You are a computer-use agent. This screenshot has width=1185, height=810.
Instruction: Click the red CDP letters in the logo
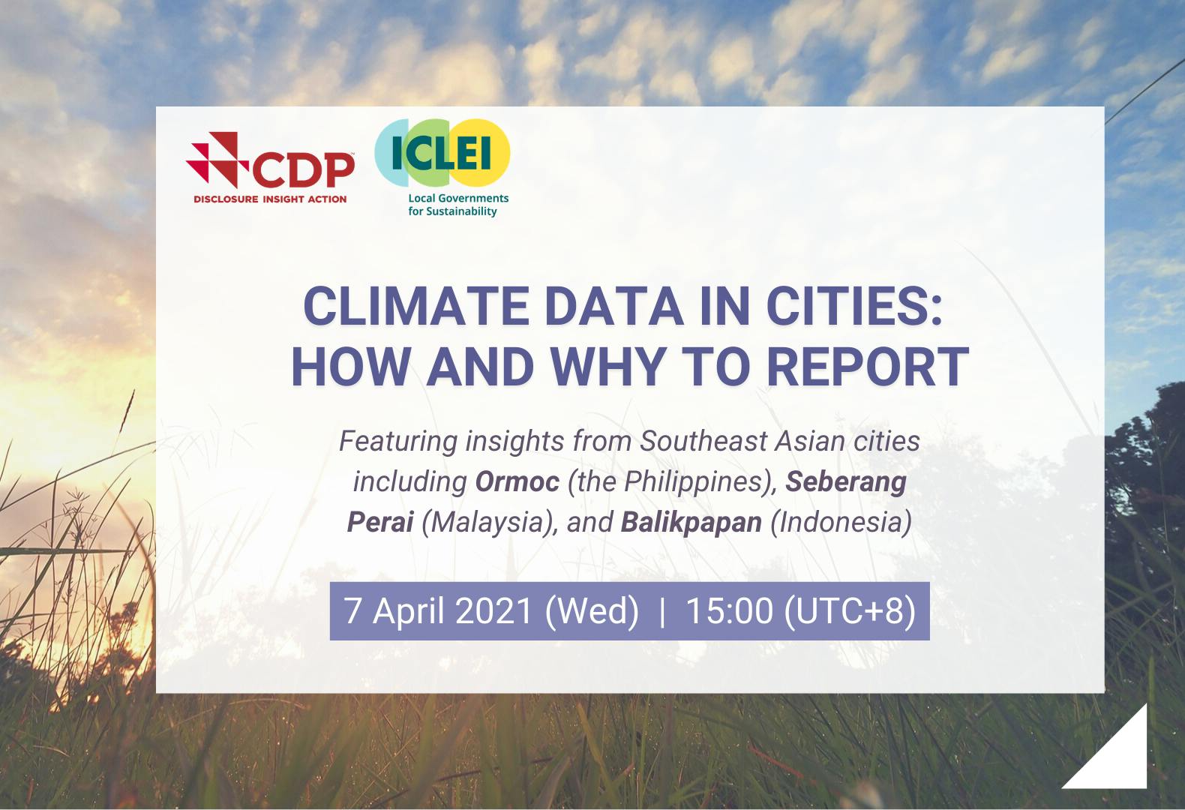tap(304, 169)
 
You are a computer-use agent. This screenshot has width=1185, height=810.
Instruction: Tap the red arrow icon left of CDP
tap(217, 159)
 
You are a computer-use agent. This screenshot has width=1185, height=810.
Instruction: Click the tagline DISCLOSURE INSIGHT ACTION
tap(270, 199)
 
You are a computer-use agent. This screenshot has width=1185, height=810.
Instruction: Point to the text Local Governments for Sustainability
tap(457, 205)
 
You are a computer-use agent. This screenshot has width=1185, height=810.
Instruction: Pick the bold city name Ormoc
tap(517, 481)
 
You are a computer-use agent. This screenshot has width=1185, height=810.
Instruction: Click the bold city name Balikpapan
tap(691, 522)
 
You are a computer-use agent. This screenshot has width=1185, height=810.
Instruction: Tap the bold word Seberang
tap(846, 481)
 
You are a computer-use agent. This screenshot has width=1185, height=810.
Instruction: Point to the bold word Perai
tap(379, 522)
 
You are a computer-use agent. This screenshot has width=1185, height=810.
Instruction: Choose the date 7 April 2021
tap(439, 610)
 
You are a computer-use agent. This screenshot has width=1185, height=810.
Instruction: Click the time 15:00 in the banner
tap(729, 610)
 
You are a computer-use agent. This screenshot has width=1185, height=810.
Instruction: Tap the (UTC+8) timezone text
tap(850, 610)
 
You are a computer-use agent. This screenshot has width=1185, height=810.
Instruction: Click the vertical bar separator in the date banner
tap(661, 611)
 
